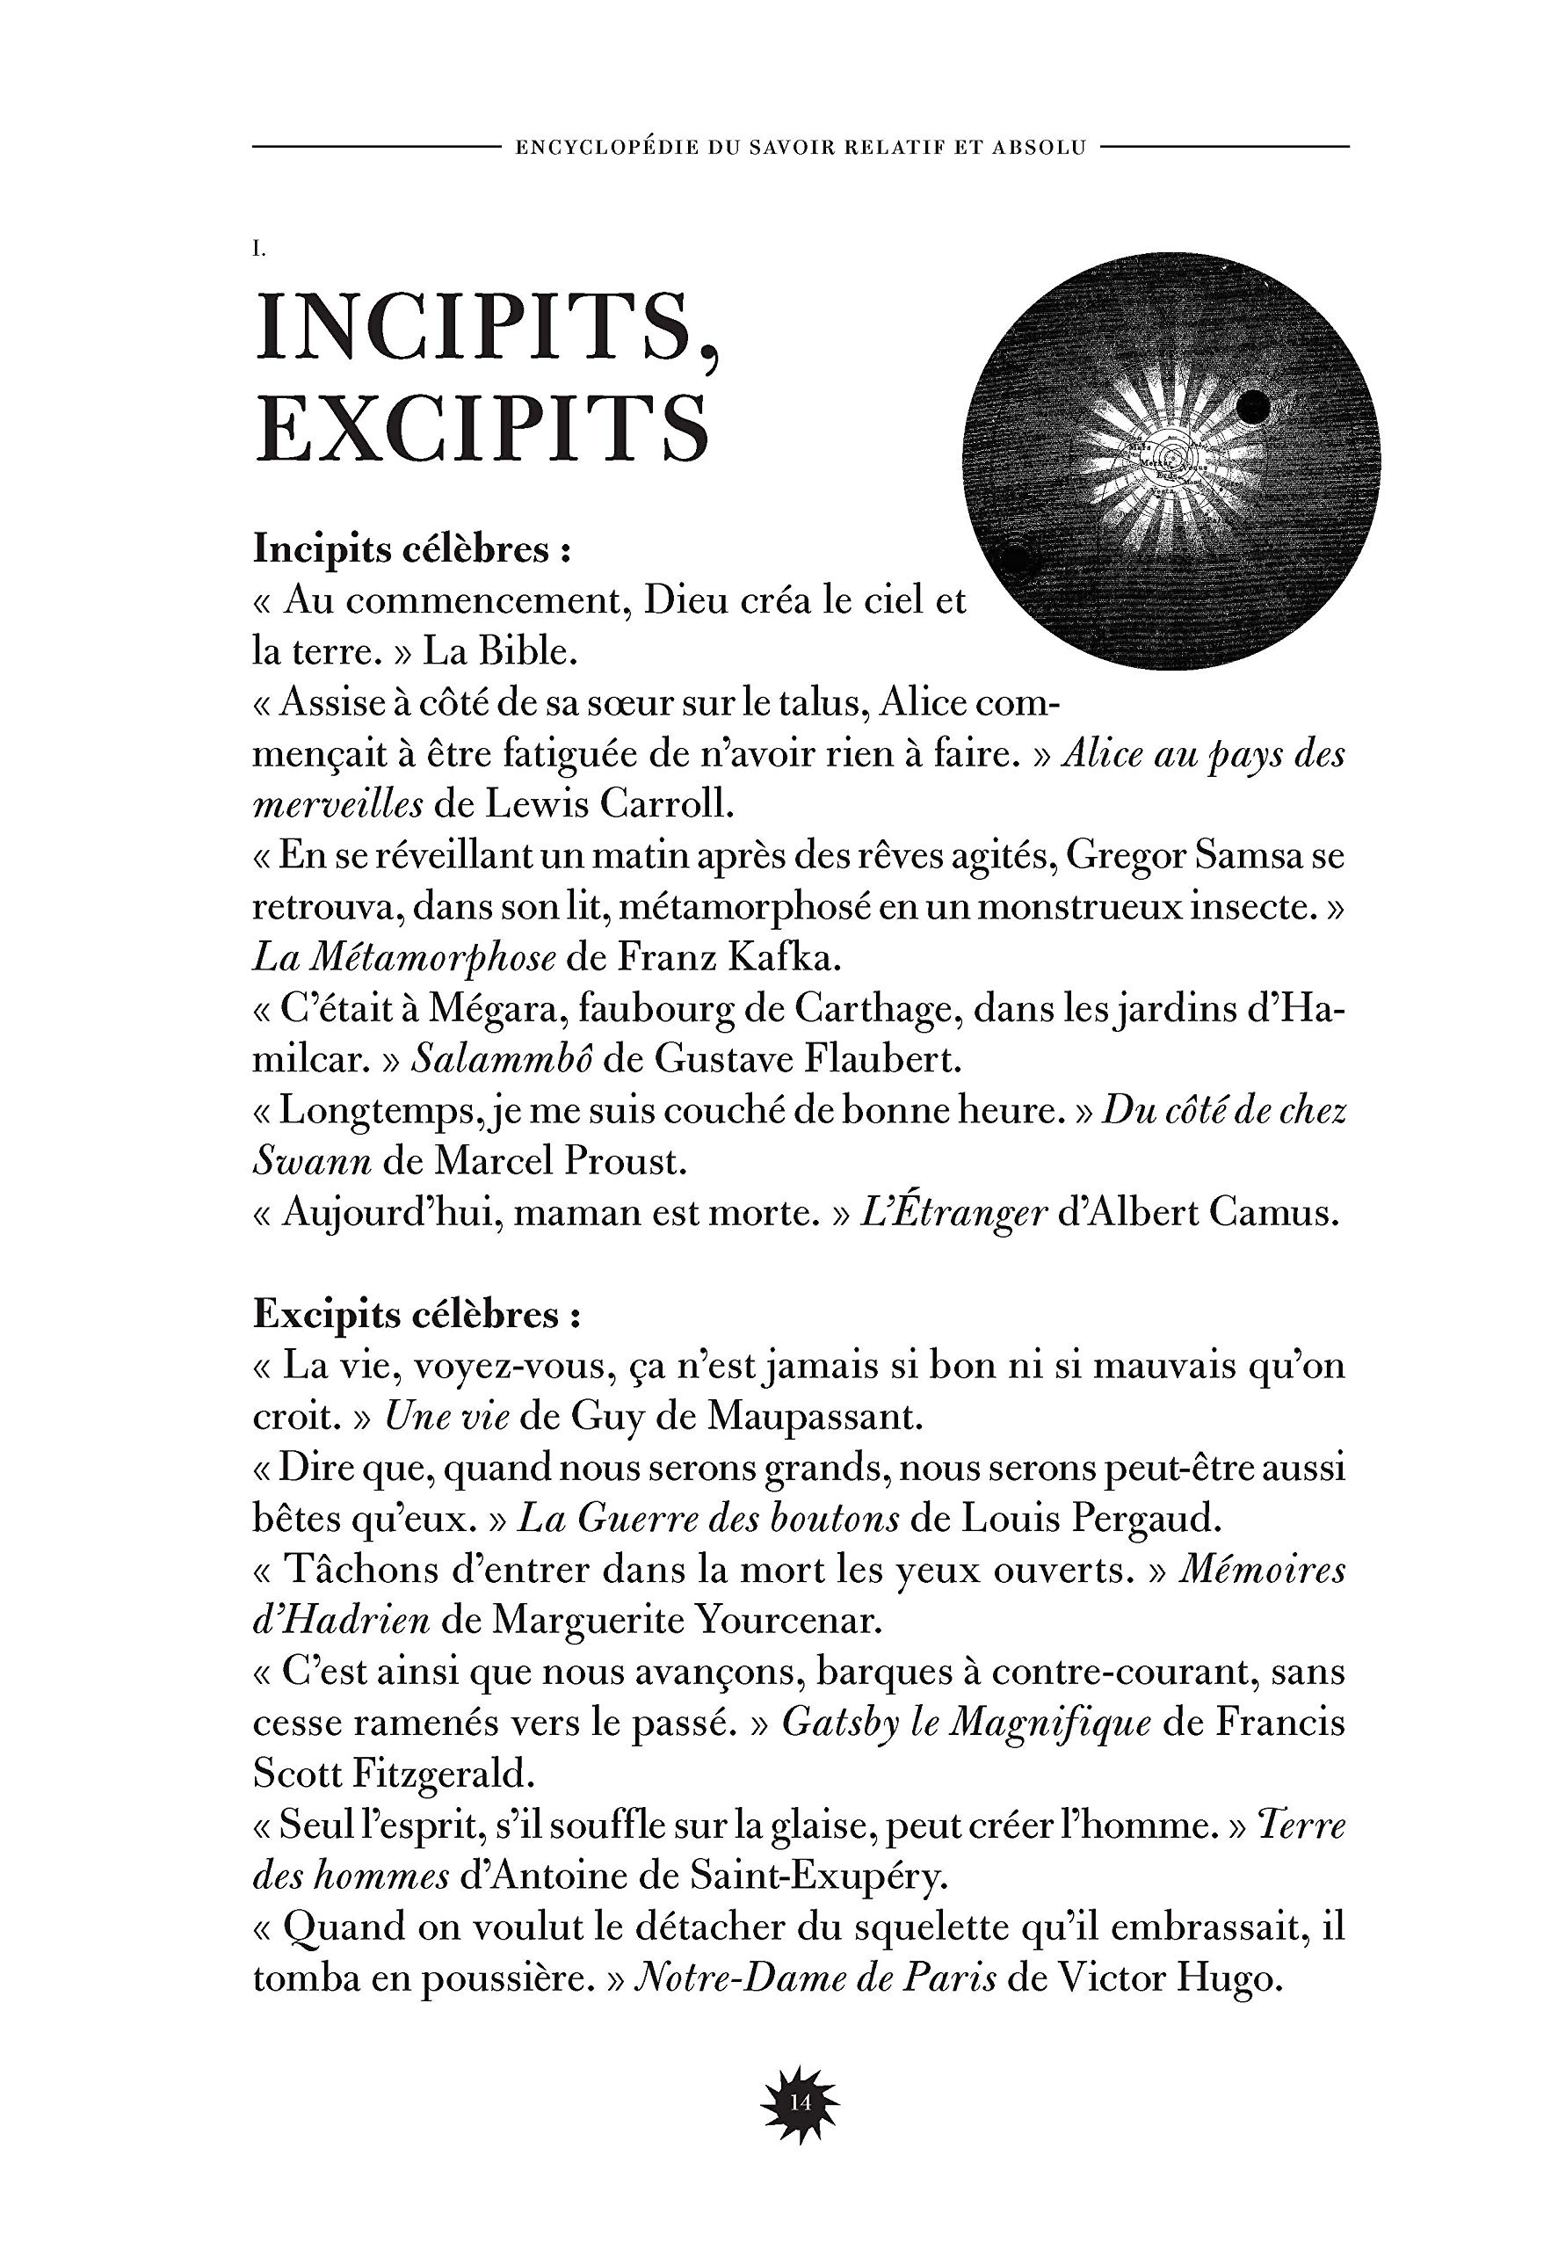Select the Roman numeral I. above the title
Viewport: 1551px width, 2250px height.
[x=258, y=250]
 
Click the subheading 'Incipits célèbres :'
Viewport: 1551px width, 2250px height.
[x=411, y=550]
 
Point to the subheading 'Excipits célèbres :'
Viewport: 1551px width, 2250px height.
[x=417, y=1315]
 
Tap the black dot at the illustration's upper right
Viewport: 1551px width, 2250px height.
[x=1255, y=404]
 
